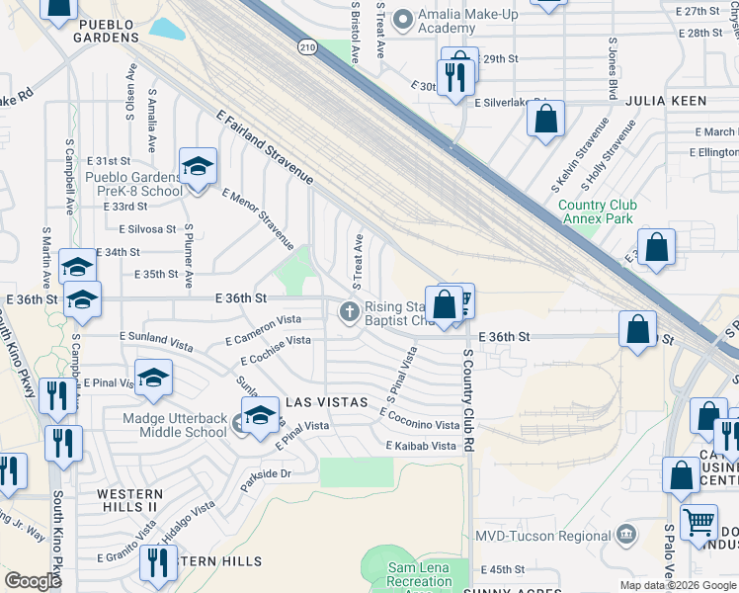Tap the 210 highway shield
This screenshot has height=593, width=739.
(x=307, y=46)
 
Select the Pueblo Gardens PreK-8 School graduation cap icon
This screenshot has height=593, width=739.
(x=198, y=166)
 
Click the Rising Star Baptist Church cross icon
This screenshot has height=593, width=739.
(x=349, y=312)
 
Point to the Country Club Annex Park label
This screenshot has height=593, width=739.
(x=597, y=212)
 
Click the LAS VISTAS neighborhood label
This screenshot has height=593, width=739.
(x=327, y=403)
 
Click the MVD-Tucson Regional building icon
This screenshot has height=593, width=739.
(x=626, y=535)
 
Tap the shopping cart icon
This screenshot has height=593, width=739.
(x=698, y=519)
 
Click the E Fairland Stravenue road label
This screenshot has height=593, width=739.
(x=265, y=148)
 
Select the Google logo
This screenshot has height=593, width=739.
(x=33, y=581)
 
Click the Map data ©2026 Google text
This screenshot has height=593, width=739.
(x=678, y=585)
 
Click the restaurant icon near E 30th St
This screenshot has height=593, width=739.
(x=453, y=76)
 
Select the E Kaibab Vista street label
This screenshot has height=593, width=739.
(x=421, y=447)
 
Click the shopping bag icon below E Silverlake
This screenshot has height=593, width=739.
(x=545, y=120)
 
